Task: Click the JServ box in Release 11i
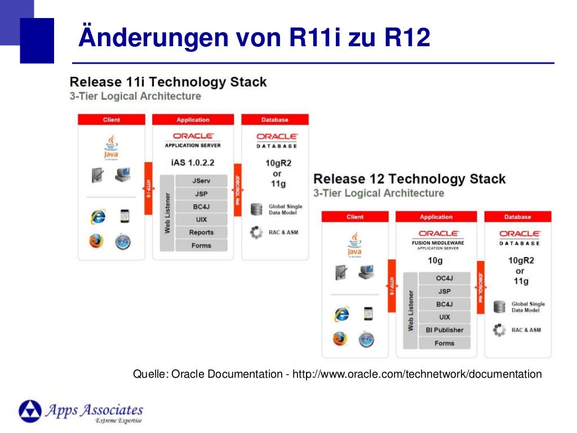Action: [201, 181]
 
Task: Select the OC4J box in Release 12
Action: [444, 279]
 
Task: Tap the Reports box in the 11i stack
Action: [201, 232]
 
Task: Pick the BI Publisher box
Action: [444, 330]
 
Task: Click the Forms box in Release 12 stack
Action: [444, 343]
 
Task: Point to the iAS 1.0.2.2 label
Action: [192, 163]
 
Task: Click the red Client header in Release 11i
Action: [112, 120]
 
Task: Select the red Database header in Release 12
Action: [517, 216]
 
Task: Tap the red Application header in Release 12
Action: [436, 216]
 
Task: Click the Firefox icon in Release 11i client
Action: [96, 241]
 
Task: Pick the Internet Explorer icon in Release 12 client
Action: [341, 314]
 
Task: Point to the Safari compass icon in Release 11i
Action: [122, 241]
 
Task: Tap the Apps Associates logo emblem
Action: [30, 411]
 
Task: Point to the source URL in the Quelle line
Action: [417, 374]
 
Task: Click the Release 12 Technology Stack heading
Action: [409, 179]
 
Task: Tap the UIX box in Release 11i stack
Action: [201, 219]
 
